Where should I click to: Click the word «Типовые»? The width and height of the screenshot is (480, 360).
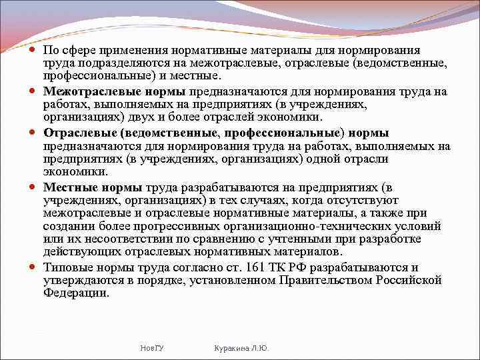tap(65, 267)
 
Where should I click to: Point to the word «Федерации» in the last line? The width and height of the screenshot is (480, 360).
tap(77, 293)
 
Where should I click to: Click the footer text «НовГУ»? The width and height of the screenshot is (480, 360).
tap(153, 348)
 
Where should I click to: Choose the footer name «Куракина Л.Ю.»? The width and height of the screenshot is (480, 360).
tap(239, 348)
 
